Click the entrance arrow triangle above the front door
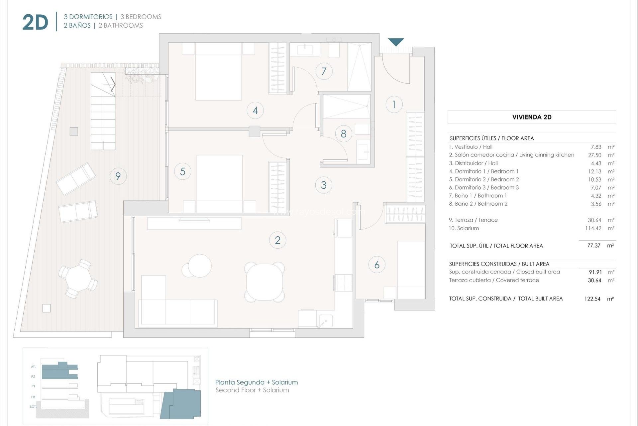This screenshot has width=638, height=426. tap(396, 42)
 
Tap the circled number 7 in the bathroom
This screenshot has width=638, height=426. tap(324, 71)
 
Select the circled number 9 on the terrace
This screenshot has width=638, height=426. tap(118, 176)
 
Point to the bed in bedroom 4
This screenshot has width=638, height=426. tap(218, 72)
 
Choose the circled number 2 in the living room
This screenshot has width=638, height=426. tap(277, 240)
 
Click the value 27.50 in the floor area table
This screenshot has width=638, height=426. tap(594, 155)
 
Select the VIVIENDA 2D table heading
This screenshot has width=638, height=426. tap(532, 117)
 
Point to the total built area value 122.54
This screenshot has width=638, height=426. tap(592, 299)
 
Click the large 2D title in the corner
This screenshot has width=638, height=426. tap(35, 23)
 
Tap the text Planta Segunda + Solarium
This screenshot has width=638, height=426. tap(256, 382)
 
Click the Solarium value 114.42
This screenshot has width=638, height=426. tap(593, 228)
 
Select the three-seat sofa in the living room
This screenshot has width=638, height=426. tap(178, 312)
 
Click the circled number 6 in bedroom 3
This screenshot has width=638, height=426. tap(377, 265)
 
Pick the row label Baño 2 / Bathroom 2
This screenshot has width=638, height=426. tap(478, 204)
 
